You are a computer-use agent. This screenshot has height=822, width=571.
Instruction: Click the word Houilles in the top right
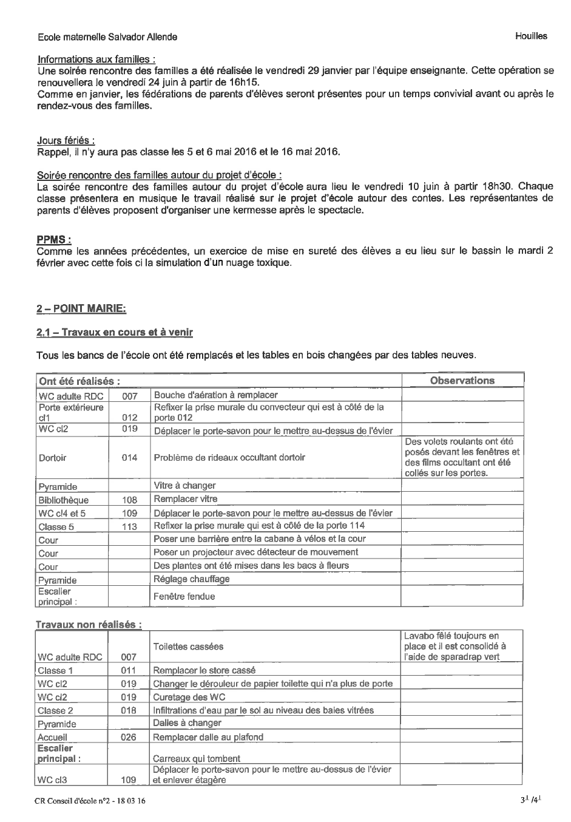tap(531, 36)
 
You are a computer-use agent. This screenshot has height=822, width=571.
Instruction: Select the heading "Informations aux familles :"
tap(96, 59)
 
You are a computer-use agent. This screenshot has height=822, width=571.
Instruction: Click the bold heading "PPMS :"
tap(54, 239)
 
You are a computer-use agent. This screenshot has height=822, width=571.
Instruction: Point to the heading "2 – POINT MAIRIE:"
tap(81, 309)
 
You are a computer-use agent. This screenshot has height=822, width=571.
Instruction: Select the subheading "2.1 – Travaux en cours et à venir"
tap(115, 332)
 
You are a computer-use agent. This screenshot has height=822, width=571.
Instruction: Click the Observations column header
tap(462, 381)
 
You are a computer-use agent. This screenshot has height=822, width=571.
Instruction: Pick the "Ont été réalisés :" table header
tap(79, 381)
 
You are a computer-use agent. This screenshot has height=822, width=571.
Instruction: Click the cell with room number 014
tap(129, 458)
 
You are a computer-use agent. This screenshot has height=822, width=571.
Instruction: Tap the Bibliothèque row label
tap(63, 500)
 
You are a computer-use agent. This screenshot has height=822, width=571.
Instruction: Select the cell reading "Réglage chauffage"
tap(192, 579)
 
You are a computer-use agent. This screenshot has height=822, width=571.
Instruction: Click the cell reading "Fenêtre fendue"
tap(184, 596)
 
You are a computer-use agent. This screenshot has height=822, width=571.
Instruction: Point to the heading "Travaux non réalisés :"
tap(89, 624)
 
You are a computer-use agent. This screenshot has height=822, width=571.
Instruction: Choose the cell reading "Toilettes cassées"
tap(188, 647)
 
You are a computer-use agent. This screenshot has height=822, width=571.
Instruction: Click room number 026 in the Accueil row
tap(128, 737)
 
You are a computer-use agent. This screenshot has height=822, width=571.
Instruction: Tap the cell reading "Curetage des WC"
tap(189, 697)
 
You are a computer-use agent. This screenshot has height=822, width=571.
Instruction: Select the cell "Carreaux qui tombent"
tap(197, 758)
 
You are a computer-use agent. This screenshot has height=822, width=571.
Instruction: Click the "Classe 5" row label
tap(56, 527)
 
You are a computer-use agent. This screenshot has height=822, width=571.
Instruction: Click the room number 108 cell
tap(129, 500)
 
